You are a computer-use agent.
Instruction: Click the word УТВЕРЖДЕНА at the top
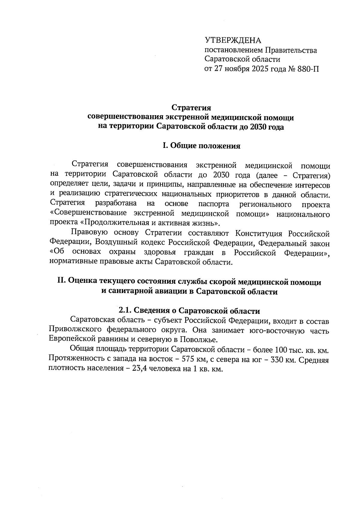coord(233,41)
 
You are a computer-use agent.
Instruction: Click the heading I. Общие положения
coord(201,146)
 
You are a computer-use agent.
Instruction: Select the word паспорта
coord(214,204)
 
